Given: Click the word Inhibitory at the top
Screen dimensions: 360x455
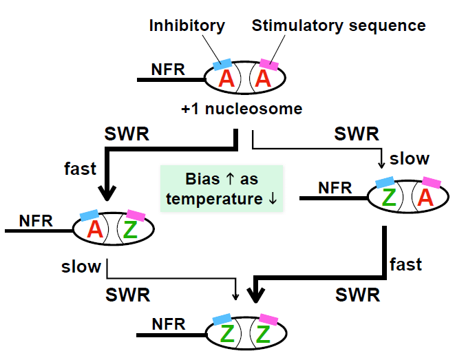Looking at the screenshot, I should [187, 26].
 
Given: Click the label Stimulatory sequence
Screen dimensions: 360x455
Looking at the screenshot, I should [338, 26].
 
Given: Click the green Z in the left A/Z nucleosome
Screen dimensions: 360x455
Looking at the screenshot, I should [131, 230].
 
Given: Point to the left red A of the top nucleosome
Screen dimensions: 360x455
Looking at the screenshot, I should [226, 79].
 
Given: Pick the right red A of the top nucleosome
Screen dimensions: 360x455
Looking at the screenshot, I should [262, 79].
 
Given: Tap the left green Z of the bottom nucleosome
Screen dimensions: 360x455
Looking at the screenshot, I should [226, 335].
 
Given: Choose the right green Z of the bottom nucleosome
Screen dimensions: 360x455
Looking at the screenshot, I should [263, 335].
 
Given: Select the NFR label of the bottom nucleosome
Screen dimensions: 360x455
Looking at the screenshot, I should [169, 324].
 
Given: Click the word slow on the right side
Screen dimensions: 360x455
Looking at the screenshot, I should [410, 158].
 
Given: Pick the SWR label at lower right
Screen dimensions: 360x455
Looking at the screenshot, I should [358, 295].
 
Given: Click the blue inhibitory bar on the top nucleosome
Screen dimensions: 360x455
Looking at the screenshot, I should [222, 64].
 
